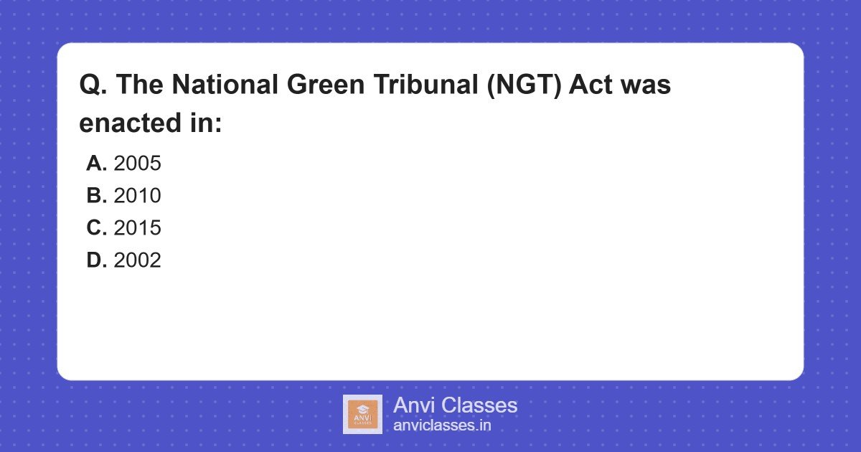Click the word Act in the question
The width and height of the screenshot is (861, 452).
click(x=594, y=85)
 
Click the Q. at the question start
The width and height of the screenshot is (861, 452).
click(x=93, y=85)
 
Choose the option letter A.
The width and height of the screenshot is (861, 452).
click(x=96, y=164)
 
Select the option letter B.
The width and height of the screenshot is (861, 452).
click(x=96, y=196)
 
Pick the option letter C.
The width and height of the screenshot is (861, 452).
click(x=96, y=228)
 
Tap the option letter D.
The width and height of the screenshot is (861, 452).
click(x=96, y=260)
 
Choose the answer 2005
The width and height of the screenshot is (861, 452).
click(x=137, y=164)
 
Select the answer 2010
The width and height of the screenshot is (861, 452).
click(x=137, y=196)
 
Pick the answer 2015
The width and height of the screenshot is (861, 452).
click(x=137, y=228)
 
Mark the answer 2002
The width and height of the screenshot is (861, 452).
click(x=137, y=260)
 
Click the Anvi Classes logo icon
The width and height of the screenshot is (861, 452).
click(x=362, y=414)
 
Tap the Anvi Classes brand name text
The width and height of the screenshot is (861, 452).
click(x=455, y=405)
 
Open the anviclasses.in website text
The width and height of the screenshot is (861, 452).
click(x=442, y=425)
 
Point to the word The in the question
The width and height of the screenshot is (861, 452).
click(x=140, y=85)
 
